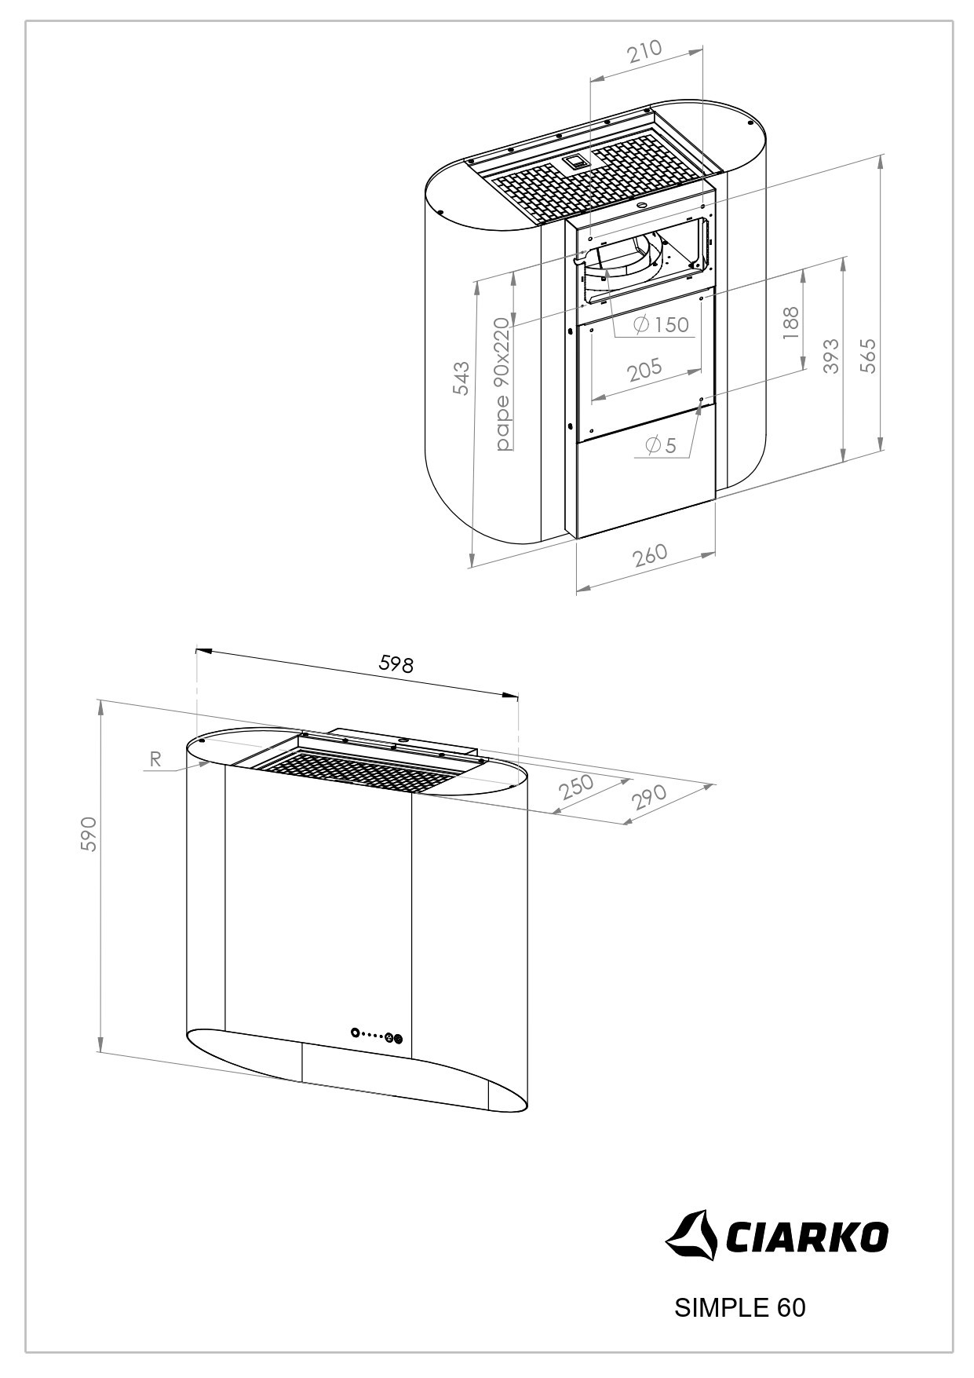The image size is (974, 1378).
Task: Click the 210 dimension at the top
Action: pos(645,52)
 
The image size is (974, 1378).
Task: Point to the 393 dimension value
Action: pos(831,355)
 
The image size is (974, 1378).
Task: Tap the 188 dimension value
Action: pos(790,323)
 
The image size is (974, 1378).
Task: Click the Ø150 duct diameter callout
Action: pos(661,324)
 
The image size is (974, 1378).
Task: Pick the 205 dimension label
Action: pos(645,368)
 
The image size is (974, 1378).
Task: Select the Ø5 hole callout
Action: pos(660,446)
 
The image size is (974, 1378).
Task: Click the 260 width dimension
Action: pos(650,554)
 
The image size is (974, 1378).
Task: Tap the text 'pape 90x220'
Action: pos(502,385)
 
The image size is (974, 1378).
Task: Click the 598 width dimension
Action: pos(396,664)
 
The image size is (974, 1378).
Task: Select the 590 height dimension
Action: pos(89,834)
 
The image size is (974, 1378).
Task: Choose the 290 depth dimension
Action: pos(648,796)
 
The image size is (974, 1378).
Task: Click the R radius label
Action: pos(155,759)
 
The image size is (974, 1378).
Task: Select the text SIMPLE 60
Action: pos(739,1307)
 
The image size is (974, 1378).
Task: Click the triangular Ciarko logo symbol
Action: pos(692,1237)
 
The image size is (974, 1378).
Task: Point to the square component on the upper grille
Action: pos(575,163)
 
